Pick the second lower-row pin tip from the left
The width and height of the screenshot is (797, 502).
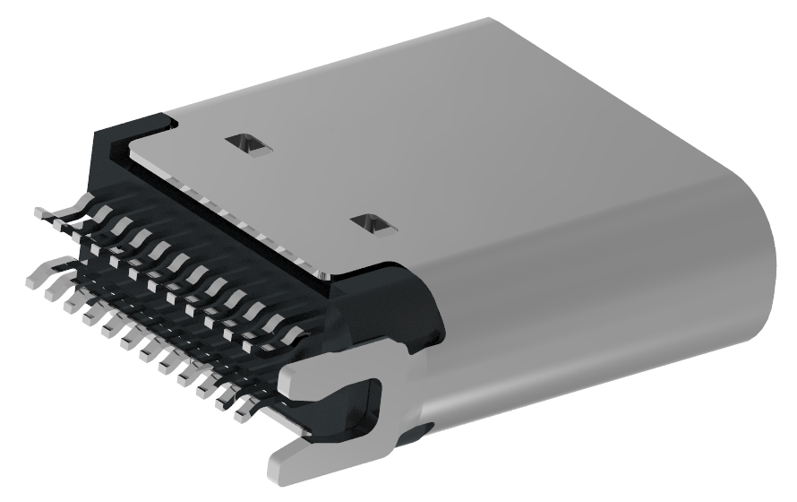click(52, 290)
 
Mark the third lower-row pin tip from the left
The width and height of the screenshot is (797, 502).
click(72, 301)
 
